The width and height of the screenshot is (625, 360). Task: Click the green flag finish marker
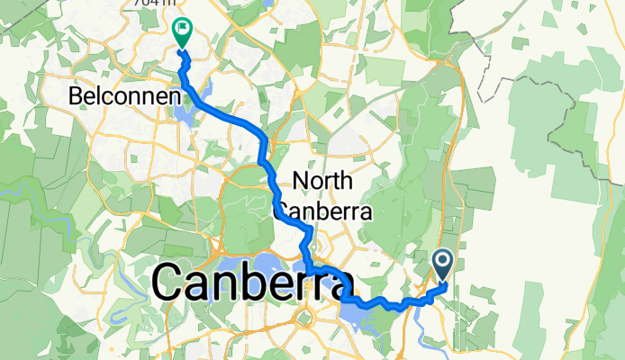(x=182, y=31)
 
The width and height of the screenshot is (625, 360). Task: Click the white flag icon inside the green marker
(x=182, y=28)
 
